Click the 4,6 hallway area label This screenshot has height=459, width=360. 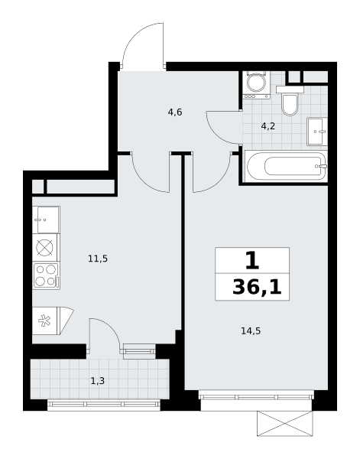(x=175, y=112)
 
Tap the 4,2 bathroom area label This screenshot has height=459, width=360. (x=268, y=126)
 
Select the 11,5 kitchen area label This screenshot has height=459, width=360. (x=98, y=259)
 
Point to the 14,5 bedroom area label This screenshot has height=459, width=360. (x=251, y=331)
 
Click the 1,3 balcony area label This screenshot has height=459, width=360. (x=98, y=381)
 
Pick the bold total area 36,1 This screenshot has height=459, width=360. (x=257, y=288)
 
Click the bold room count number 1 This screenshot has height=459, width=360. (x=252, y=260)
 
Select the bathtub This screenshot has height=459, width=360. (x=287, y=167)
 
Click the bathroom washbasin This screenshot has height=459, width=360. (x=317, y=132)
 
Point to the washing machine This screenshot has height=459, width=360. (x=256, y=85)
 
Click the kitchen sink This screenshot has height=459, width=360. (x=46, y=220)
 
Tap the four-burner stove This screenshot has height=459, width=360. (x=46, y=276)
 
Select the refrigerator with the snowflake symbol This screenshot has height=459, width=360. (x=53, y=321)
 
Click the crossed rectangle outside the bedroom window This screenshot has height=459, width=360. (x=285, y=423)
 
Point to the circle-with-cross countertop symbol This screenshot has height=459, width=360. (x=44, y=248)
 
